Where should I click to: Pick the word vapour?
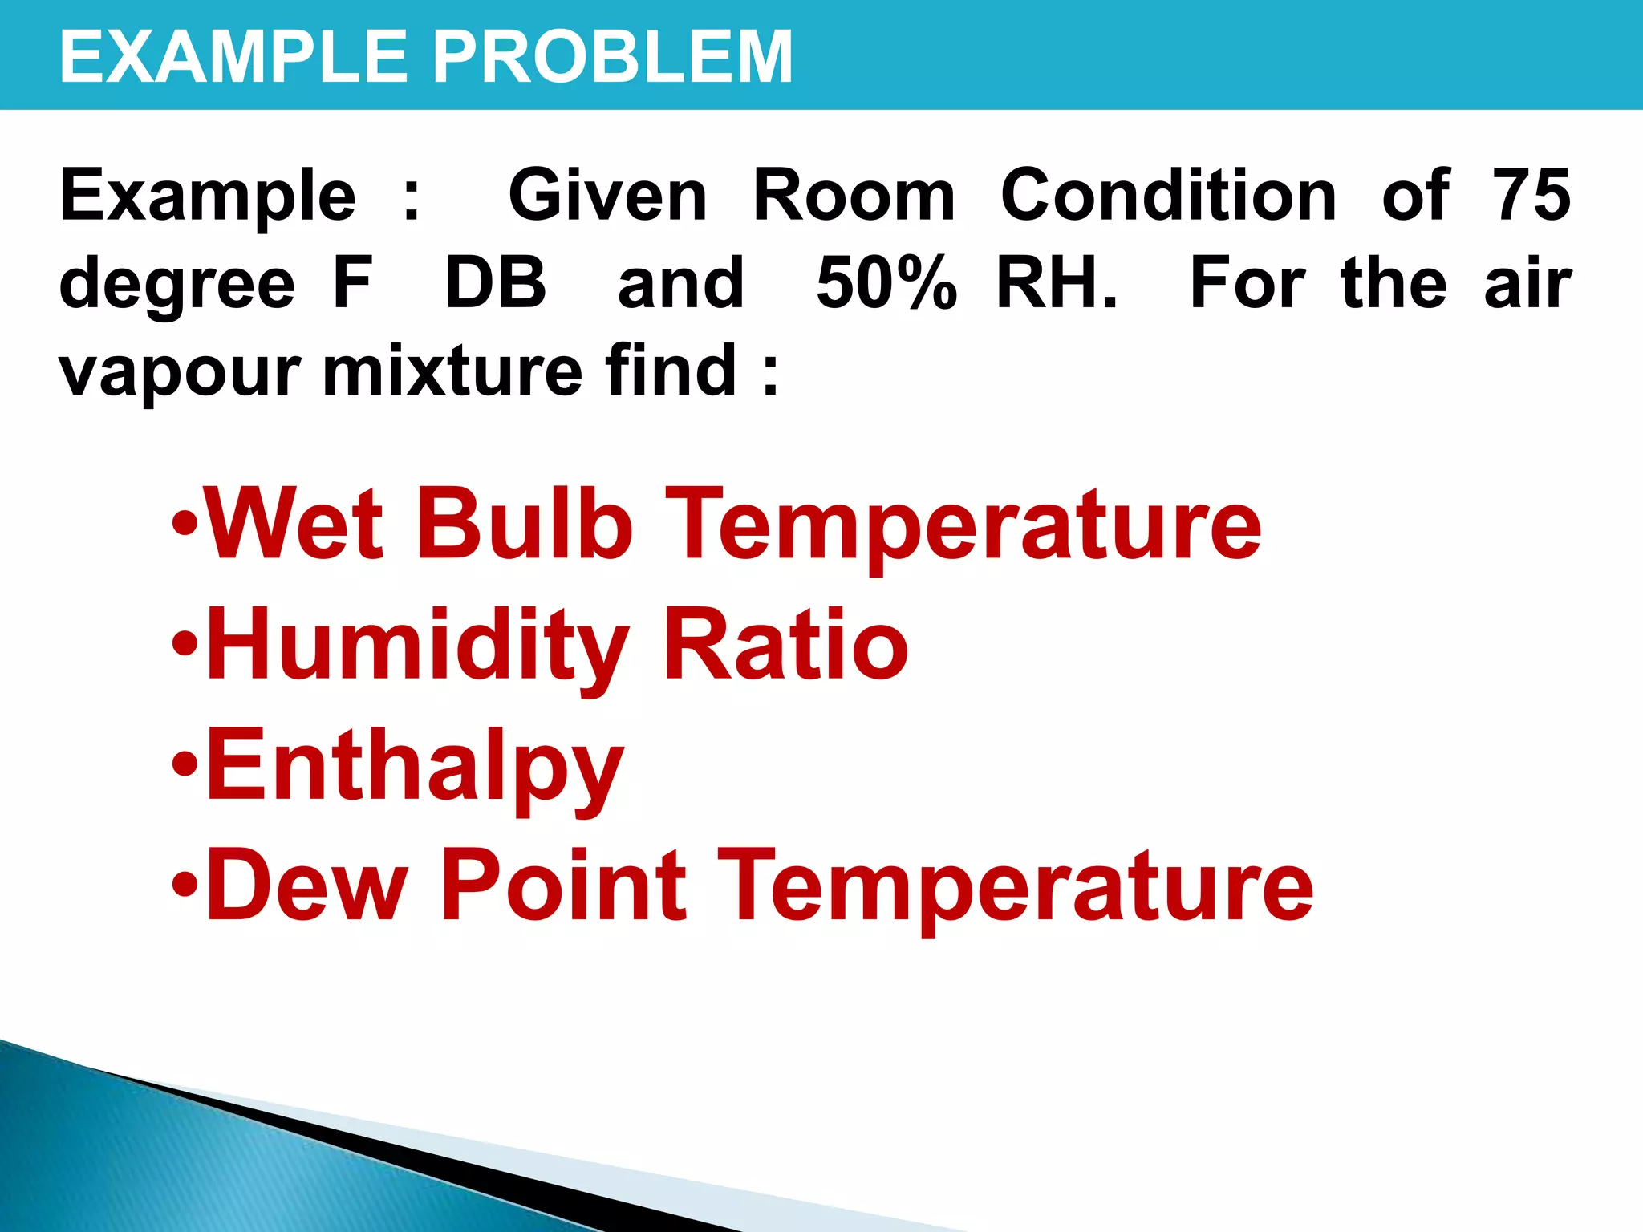point(180,373)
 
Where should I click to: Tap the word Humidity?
point(417,646)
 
